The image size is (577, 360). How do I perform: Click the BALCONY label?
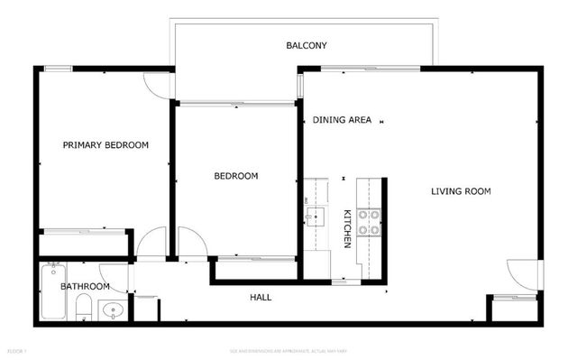point(306,45)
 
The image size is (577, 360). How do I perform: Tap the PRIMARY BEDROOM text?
point(105,144)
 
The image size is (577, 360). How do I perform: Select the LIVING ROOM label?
point(460,190)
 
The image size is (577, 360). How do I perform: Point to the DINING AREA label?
point(343,120)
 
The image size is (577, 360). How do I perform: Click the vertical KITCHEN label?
point(346,229)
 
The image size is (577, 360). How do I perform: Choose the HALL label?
point(260,297)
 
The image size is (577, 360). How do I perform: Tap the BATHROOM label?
point(85,286)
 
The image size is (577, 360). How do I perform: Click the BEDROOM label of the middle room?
point(235,176)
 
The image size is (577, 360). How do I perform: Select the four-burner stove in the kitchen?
point(369,222)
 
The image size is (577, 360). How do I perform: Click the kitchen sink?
point(315,217)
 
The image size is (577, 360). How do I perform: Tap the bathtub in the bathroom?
point(52,291)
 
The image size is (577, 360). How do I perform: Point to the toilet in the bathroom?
point(83,307)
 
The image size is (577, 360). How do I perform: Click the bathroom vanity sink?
point(112,310)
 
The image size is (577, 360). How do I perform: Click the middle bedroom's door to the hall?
point(192,242)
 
